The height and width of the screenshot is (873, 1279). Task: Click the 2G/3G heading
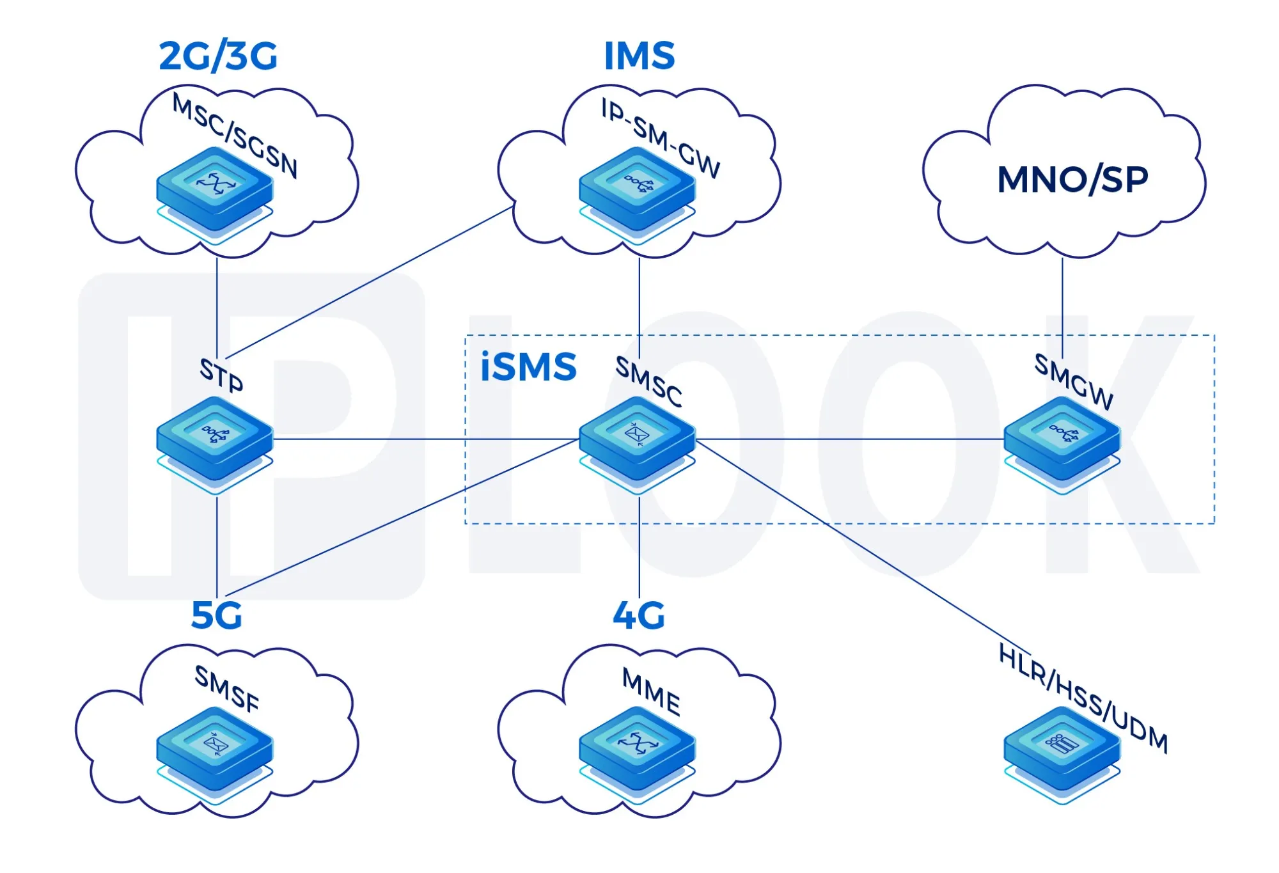[x=218, y=56]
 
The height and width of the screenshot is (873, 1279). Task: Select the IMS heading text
[x=639, y=56]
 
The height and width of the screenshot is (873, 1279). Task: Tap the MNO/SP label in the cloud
[x=1072, y=179]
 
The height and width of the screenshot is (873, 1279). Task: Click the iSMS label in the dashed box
[x=528, y=367]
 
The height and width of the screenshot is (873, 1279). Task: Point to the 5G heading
[x=217, y=616]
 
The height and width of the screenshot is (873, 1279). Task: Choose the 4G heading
[x=639, y=616]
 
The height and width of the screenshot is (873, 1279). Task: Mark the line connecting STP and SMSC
[x=416, y=439]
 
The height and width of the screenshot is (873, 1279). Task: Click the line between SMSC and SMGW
[x=851, y=439]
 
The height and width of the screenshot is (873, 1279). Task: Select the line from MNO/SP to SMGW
[x=1062, y=307]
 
